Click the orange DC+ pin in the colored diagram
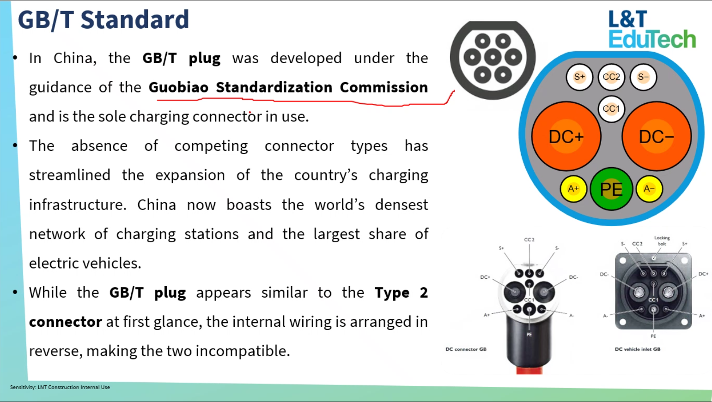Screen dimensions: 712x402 [566, 137]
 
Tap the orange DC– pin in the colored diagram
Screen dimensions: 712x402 [657, 137]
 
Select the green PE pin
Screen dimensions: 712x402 [611, 189]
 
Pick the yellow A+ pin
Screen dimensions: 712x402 [573, 189]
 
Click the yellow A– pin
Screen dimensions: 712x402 [649, 189]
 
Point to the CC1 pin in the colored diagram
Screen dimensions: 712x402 [611, 109]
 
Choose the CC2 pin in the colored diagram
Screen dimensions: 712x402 [611, 77]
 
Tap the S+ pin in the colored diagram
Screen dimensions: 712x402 [579, 77]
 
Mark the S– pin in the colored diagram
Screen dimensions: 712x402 [643, 77]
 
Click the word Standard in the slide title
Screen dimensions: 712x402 [135, 19]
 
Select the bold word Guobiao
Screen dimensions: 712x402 [179, 87]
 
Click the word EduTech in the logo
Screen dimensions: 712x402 [652, 39]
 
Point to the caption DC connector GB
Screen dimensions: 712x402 [466, 349]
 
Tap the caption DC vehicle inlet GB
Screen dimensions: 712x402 [638, 349]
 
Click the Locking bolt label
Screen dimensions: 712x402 [662, 240]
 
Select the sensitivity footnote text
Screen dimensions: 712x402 [60, 387]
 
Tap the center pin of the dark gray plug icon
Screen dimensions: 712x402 [493, 58]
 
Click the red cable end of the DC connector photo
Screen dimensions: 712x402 [529, 370]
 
